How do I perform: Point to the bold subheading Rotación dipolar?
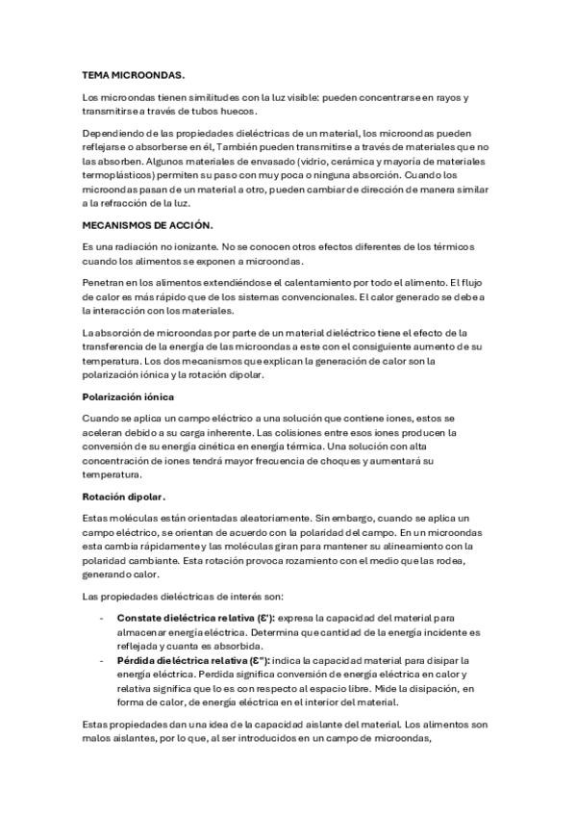point(125,497)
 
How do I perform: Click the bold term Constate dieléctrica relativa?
point(195,616)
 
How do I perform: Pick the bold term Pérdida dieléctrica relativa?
point(192,660)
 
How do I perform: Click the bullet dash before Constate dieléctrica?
point(102,617)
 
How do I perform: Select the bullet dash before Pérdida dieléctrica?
point(102,660)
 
